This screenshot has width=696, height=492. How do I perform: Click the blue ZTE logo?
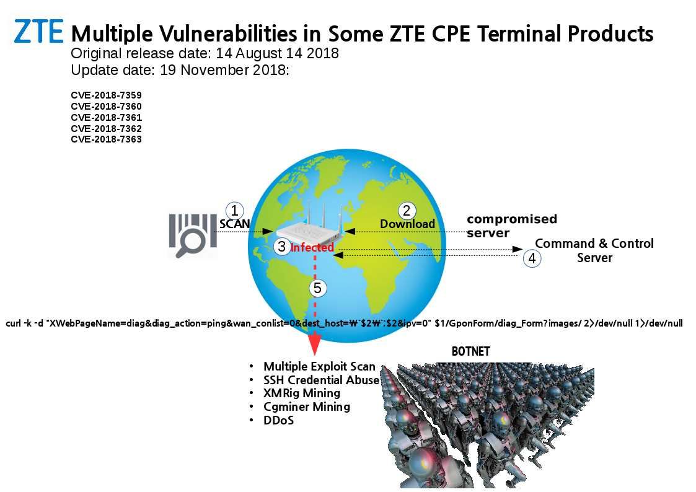[38, 32]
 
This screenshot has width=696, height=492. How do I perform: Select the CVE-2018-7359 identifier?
[106, 95]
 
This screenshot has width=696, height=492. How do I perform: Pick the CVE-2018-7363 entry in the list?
[106, 139]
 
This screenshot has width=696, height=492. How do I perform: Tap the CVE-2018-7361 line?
[106, 118]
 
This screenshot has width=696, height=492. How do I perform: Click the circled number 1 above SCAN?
[234, 210]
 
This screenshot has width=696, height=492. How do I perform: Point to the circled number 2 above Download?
[406, 210]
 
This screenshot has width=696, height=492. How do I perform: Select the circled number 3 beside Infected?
[281, 246]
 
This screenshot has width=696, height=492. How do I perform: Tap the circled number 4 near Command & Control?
[532, 258]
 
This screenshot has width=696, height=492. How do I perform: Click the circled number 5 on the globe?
[317, 288]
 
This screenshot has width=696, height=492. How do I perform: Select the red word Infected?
[312, 247]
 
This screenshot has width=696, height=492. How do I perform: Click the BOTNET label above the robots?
[470, 351]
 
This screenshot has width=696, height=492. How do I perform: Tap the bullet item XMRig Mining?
[302, 393]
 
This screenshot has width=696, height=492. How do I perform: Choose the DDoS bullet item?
[278, 420]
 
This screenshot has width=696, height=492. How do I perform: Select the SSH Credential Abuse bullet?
[322, 380]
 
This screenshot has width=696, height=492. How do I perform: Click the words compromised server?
[512, 226]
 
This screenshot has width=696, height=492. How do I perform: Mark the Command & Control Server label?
[594, 250]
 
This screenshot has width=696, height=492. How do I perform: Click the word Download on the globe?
[407, 224]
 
